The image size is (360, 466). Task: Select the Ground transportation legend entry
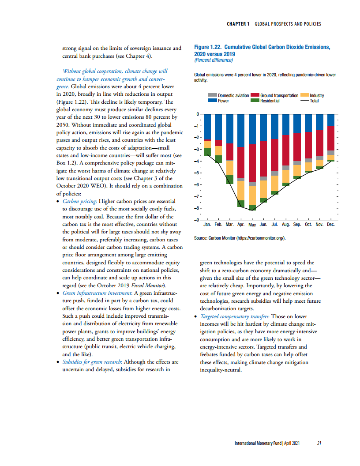(279, 95)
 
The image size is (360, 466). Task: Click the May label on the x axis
(252, 225)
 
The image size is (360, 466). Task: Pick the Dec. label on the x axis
(331, 224)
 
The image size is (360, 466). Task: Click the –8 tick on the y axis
(198, 208)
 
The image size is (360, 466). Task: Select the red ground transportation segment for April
(241, 162)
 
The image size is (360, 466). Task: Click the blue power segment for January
(207, 127)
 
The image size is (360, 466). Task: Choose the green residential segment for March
(229, 179)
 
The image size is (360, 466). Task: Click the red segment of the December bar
(331, 138)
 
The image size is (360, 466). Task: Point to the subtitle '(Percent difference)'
(214, 60)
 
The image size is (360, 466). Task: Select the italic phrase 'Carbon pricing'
(79, 201)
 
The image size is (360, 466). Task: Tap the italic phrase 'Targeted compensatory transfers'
(234, 316)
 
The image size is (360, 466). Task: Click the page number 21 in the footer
(319, 443)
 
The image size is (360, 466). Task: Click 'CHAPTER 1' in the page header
(238, 24)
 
